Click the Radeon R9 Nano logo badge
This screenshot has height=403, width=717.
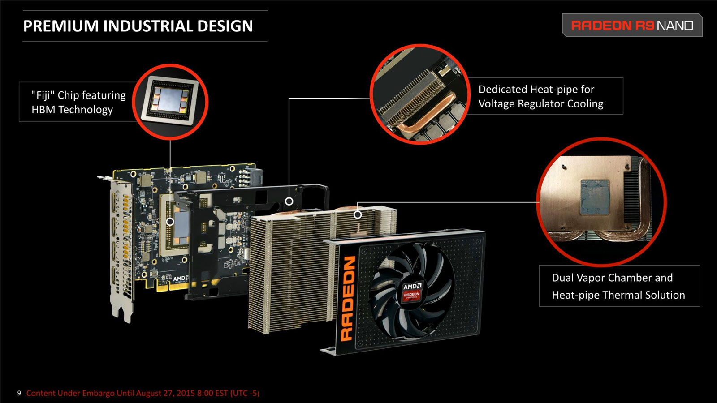(x=632, y=25)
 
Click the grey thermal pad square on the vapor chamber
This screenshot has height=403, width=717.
(x=595, y=197)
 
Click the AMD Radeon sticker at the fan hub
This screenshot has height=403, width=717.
(x=412, y=292)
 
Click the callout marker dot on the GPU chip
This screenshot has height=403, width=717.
(x=170, y=221)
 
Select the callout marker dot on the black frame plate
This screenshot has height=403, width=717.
(x=289, y=201)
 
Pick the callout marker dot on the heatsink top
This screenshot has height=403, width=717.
(x=358, y=214)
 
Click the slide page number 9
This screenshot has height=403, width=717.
(x=19, y=393)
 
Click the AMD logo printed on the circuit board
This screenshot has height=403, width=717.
(x=181, y=279)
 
